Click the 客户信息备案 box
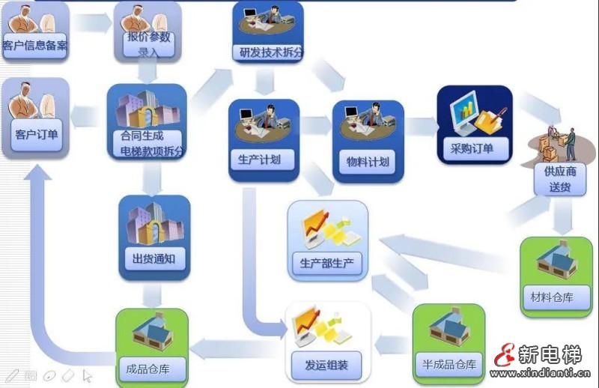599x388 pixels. click(35, 30)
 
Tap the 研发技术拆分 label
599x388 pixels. click(267, 53)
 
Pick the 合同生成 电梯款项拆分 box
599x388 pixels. click(147, 124)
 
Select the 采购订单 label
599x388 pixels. click(472, 148)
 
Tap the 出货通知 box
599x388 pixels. click(153, 238)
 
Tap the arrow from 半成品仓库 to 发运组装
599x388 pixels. click(392, 345)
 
